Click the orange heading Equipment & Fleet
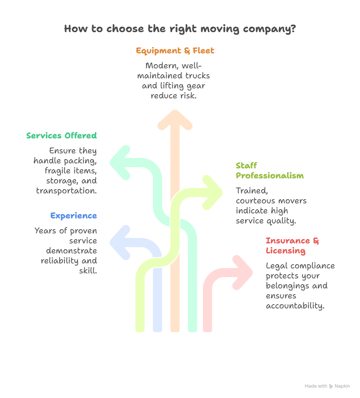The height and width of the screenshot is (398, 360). click(x=175, y=51)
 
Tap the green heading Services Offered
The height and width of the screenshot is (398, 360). click(x=61, y=136)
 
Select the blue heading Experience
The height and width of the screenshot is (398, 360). click(x=73, y=216)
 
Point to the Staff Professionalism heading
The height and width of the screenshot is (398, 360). click(x=270, y=171)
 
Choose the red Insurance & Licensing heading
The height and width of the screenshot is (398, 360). click(x=292, y=246)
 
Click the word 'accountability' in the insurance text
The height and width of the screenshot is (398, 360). click(x=295, y=306)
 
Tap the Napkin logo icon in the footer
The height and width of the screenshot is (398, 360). click(x=331, y=386)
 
